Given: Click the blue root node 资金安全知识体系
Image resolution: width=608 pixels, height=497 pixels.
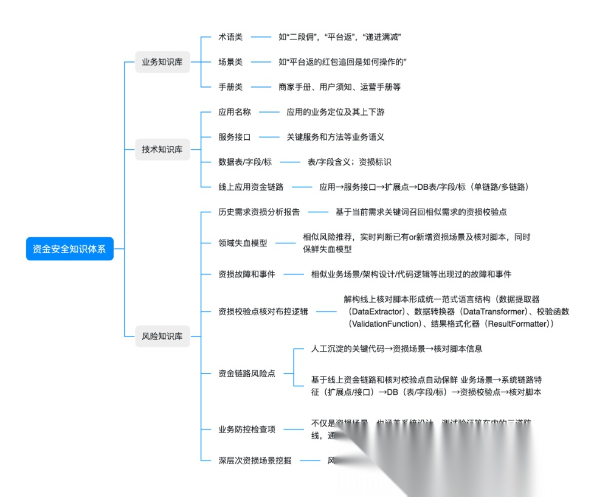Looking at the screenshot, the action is pyautogui.click(x=69, y=249).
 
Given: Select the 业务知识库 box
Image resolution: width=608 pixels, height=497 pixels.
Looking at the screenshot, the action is pyautogui.click(x=162, y=62).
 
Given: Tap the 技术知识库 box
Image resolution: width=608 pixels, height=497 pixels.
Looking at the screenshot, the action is pyautogui.click(x=162, y=150).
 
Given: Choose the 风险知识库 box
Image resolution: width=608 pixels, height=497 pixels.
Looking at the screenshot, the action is pyautogui.click(x=162, y=336).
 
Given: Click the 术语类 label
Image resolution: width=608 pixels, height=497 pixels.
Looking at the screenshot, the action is pyautogui.click(x=230, y=37).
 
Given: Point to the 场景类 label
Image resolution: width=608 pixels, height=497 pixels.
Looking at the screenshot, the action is pyautogui.click(x=230, y=62).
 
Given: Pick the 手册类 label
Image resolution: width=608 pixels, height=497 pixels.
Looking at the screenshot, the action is pyautogui.click(x=230, y=87).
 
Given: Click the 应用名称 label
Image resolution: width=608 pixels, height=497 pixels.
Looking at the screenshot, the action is pyautogui.click(x=235, y=112).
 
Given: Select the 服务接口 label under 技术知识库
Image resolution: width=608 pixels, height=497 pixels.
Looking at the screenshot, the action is pyautogui.click(x=235, y=137).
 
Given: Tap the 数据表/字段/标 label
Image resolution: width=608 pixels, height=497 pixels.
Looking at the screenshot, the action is pyautogui.click(x=245, y=162).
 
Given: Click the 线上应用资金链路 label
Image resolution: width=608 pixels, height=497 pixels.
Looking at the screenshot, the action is pyautogui.click(x=251, y=187).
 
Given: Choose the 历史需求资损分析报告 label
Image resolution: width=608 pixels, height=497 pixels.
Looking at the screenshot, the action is pyautogui.click(x=259, y=212).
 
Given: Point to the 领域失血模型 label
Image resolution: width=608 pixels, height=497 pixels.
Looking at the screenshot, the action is pyautogui.click(x=243, y=243).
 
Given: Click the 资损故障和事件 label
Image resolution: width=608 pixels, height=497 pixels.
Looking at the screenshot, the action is pyautogui.click(x=247, y=274).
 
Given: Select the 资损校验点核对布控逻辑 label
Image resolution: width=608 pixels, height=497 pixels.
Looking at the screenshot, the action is pyautogui.click(x=263, y=311).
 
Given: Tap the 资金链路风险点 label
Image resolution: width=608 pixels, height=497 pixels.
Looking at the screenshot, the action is pyautogui.click(x=247, y=374).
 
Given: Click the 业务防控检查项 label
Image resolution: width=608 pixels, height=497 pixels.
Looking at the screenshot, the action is pyautogui.click(x=247, y=429).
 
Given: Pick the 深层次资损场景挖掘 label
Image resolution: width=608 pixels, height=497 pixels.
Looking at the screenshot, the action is pyautogui.click(x=255, y=461).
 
